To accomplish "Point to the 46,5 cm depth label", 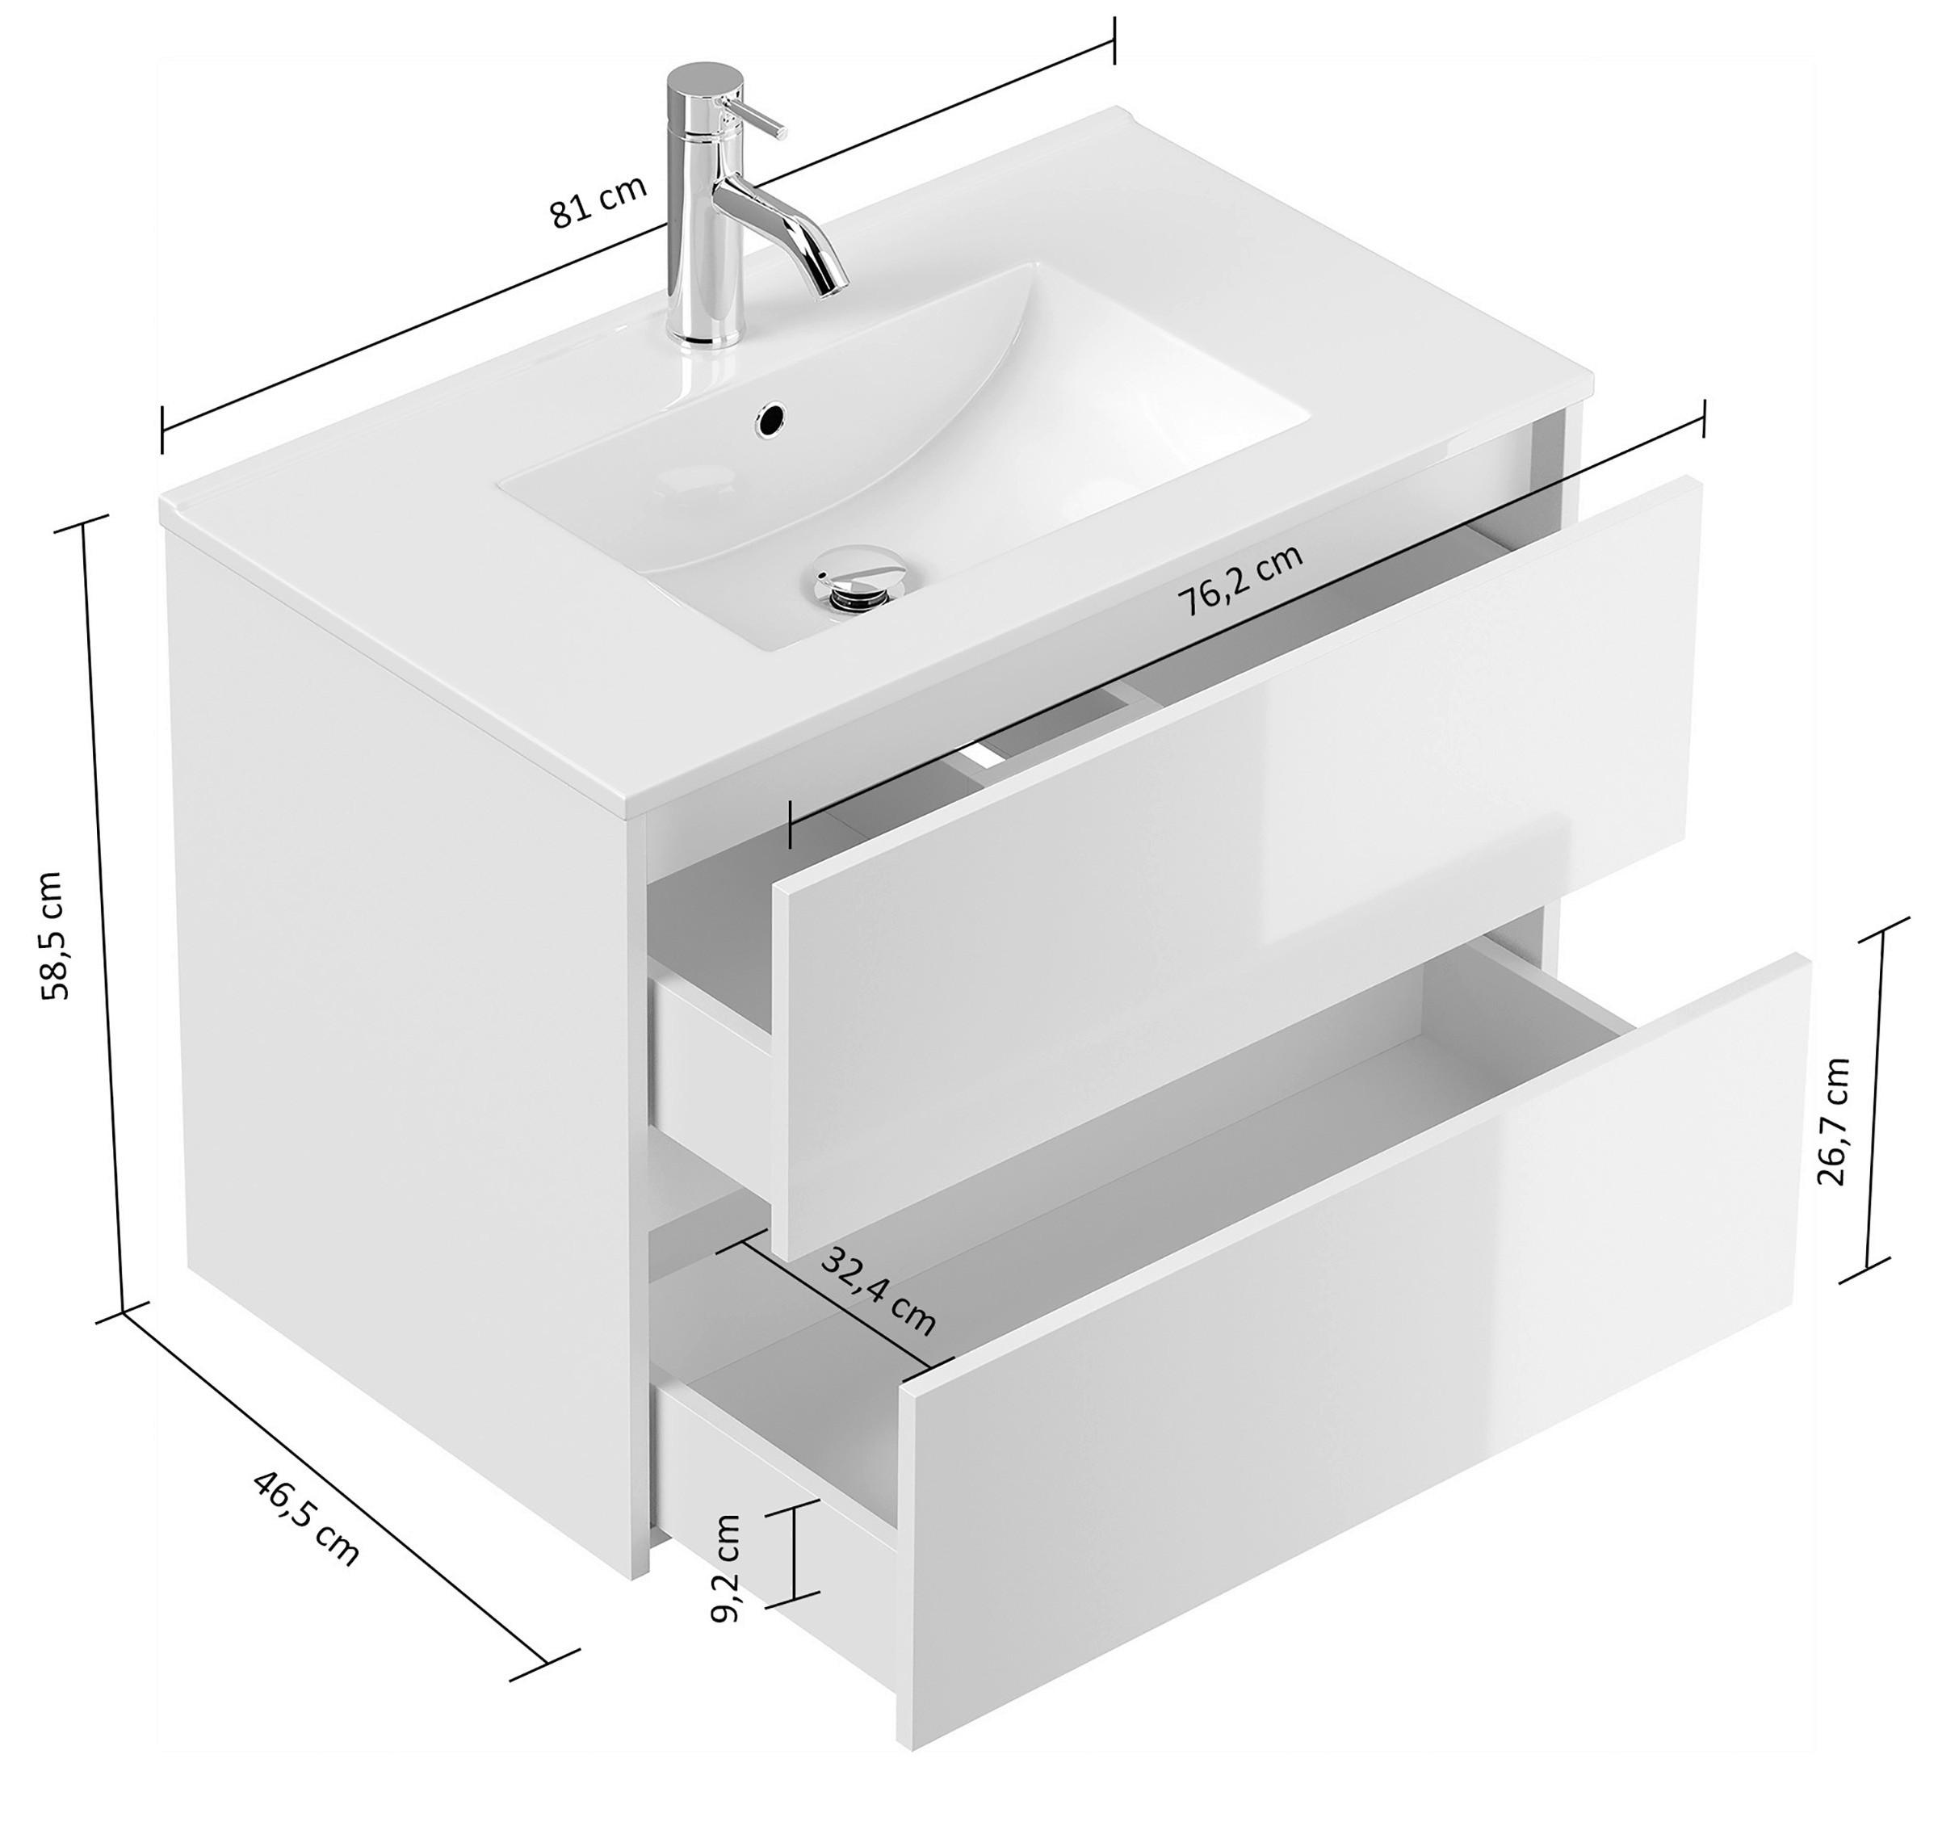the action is (306, 1517).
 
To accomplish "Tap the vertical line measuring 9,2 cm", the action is (797, 1568).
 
